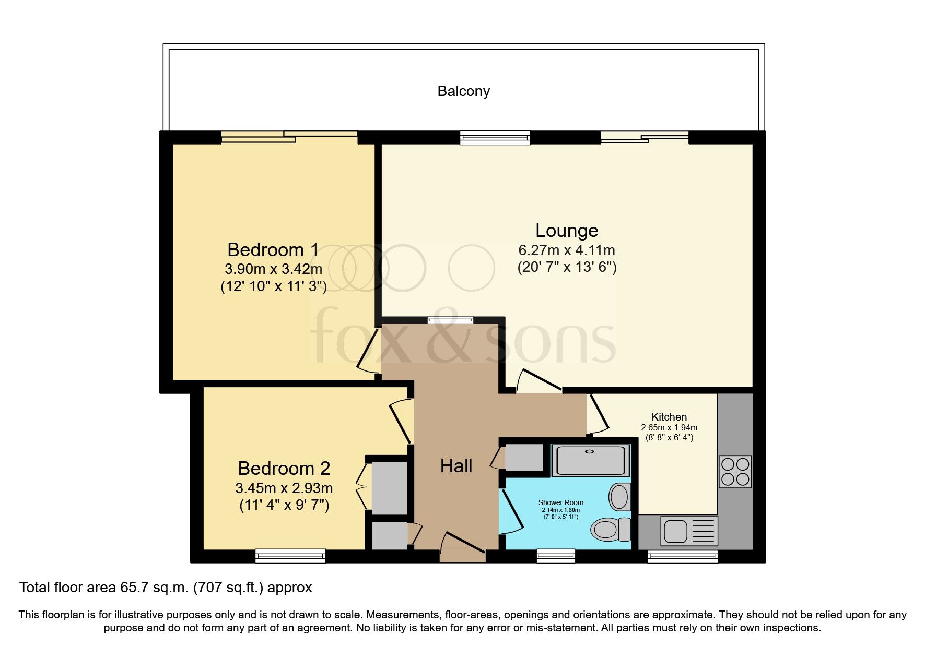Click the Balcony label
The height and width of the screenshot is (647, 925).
[x=463, y=91]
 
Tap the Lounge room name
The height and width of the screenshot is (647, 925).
[x=567, y=231]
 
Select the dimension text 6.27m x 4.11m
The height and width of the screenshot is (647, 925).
[x=567, y=250]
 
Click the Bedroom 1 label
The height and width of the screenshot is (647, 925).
[x=273, y=250]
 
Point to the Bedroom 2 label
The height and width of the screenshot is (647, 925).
[x=284, y=468]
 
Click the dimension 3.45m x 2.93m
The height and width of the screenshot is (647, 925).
[x=284, y=488]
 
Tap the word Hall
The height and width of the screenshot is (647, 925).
[x=456, y=466]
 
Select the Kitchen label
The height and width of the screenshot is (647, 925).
[x=669, y=417]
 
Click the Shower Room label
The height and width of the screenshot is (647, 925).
[x=561, y=502]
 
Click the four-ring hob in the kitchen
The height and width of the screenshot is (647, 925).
[x=735, y=472]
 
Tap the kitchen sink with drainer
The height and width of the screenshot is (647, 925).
[x=689, y=531]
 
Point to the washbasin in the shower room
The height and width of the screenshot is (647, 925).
[x=619, y=496]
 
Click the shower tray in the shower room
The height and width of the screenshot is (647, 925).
[x=591, y=460]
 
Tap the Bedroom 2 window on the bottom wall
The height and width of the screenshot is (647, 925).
[x=290, y=556]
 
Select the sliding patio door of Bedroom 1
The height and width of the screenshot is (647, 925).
[x=289, y=137]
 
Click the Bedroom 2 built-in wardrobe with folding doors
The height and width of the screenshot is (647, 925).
[x=388, y=487]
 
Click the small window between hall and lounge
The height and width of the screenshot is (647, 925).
[x=450, y=320]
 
